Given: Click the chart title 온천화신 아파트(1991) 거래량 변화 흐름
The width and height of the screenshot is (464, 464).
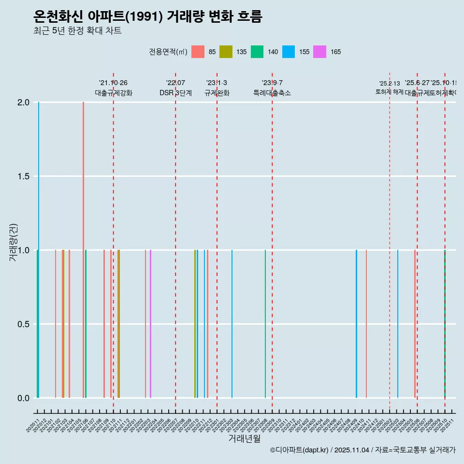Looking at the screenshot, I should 147,17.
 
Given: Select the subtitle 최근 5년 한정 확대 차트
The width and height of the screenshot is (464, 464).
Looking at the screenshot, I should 77,31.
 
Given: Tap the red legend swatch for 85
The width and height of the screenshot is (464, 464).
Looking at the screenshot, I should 198,52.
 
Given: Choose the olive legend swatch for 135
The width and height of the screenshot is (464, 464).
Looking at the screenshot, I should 226,52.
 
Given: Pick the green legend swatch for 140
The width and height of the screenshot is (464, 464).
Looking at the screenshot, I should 257,52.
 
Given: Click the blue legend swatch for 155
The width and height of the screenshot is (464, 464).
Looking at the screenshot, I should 289,52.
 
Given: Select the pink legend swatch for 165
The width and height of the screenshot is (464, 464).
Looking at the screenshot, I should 319,52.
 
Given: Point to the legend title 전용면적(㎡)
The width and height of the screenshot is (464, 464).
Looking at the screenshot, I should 168,52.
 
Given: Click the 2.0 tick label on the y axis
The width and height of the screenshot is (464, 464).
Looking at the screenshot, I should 24,102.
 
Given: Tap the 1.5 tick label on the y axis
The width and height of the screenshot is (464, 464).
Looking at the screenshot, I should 24,176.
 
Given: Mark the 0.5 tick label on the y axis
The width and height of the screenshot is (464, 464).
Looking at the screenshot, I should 24,324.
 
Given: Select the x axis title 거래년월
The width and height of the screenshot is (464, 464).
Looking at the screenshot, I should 244,438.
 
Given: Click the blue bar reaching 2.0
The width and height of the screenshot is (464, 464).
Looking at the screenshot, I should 39,193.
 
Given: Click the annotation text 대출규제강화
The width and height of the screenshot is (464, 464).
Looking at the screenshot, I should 113,93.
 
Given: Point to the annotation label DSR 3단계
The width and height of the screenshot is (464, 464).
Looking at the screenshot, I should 175,93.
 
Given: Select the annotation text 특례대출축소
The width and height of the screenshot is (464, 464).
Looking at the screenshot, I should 272,93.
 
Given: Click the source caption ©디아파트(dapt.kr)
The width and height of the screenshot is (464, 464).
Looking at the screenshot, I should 300,450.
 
